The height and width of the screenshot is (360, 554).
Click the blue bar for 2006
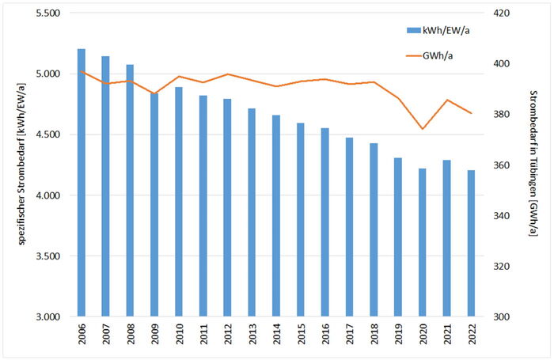(82, 183)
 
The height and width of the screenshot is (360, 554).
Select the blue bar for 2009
(154, 205)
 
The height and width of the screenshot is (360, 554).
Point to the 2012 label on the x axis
(227, 335)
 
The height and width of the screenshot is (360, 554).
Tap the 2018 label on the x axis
(374, 335)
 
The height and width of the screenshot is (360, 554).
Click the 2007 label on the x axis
(105, 335)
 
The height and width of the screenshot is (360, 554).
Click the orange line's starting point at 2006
(82, 71)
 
